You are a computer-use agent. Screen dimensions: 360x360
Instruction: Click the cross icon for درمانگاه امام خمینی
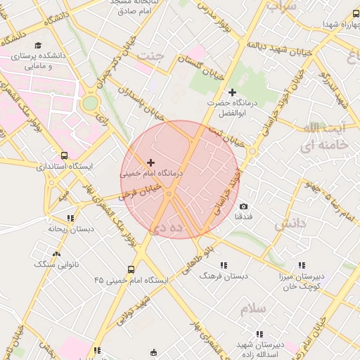[150, 162]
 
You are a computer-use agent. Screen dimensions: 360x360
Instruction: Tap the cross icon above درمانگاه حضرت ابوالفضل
[233, 92]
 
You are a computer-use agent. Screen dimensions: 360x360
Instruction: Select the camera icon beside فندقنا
[243, 207]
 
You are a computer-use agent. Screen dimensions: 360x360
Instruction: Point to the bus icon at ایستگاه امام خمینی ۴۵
[131, 269]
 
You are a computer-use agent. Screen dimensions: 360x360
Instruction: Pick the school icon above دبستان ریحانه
[70, 218]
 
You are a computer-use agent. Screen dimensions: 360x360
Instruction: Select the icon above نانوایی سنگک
[56, 254]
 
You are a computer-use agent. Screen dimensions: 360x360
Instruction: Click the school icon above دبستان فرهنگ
[224, 265]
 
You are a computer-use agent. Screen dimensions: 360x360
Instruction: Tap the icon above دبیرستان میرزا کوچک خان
[302, 265]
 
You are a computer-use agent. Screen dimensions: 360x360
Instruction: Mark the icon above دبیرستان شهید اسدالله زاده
[259, 334]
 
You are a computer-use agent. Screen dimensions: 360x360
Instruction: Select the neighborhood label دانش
[291, 224]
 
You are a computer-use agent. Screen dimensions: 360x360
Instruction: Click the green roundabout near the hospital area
[90, 104]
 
